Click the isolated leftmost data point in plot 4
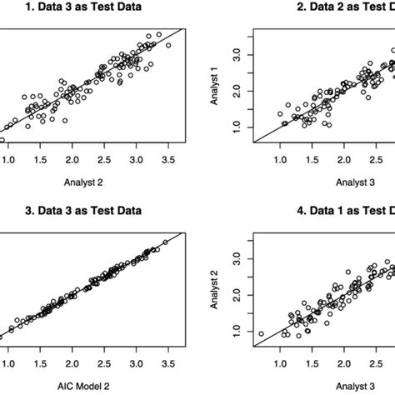(x=261, y=333)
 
